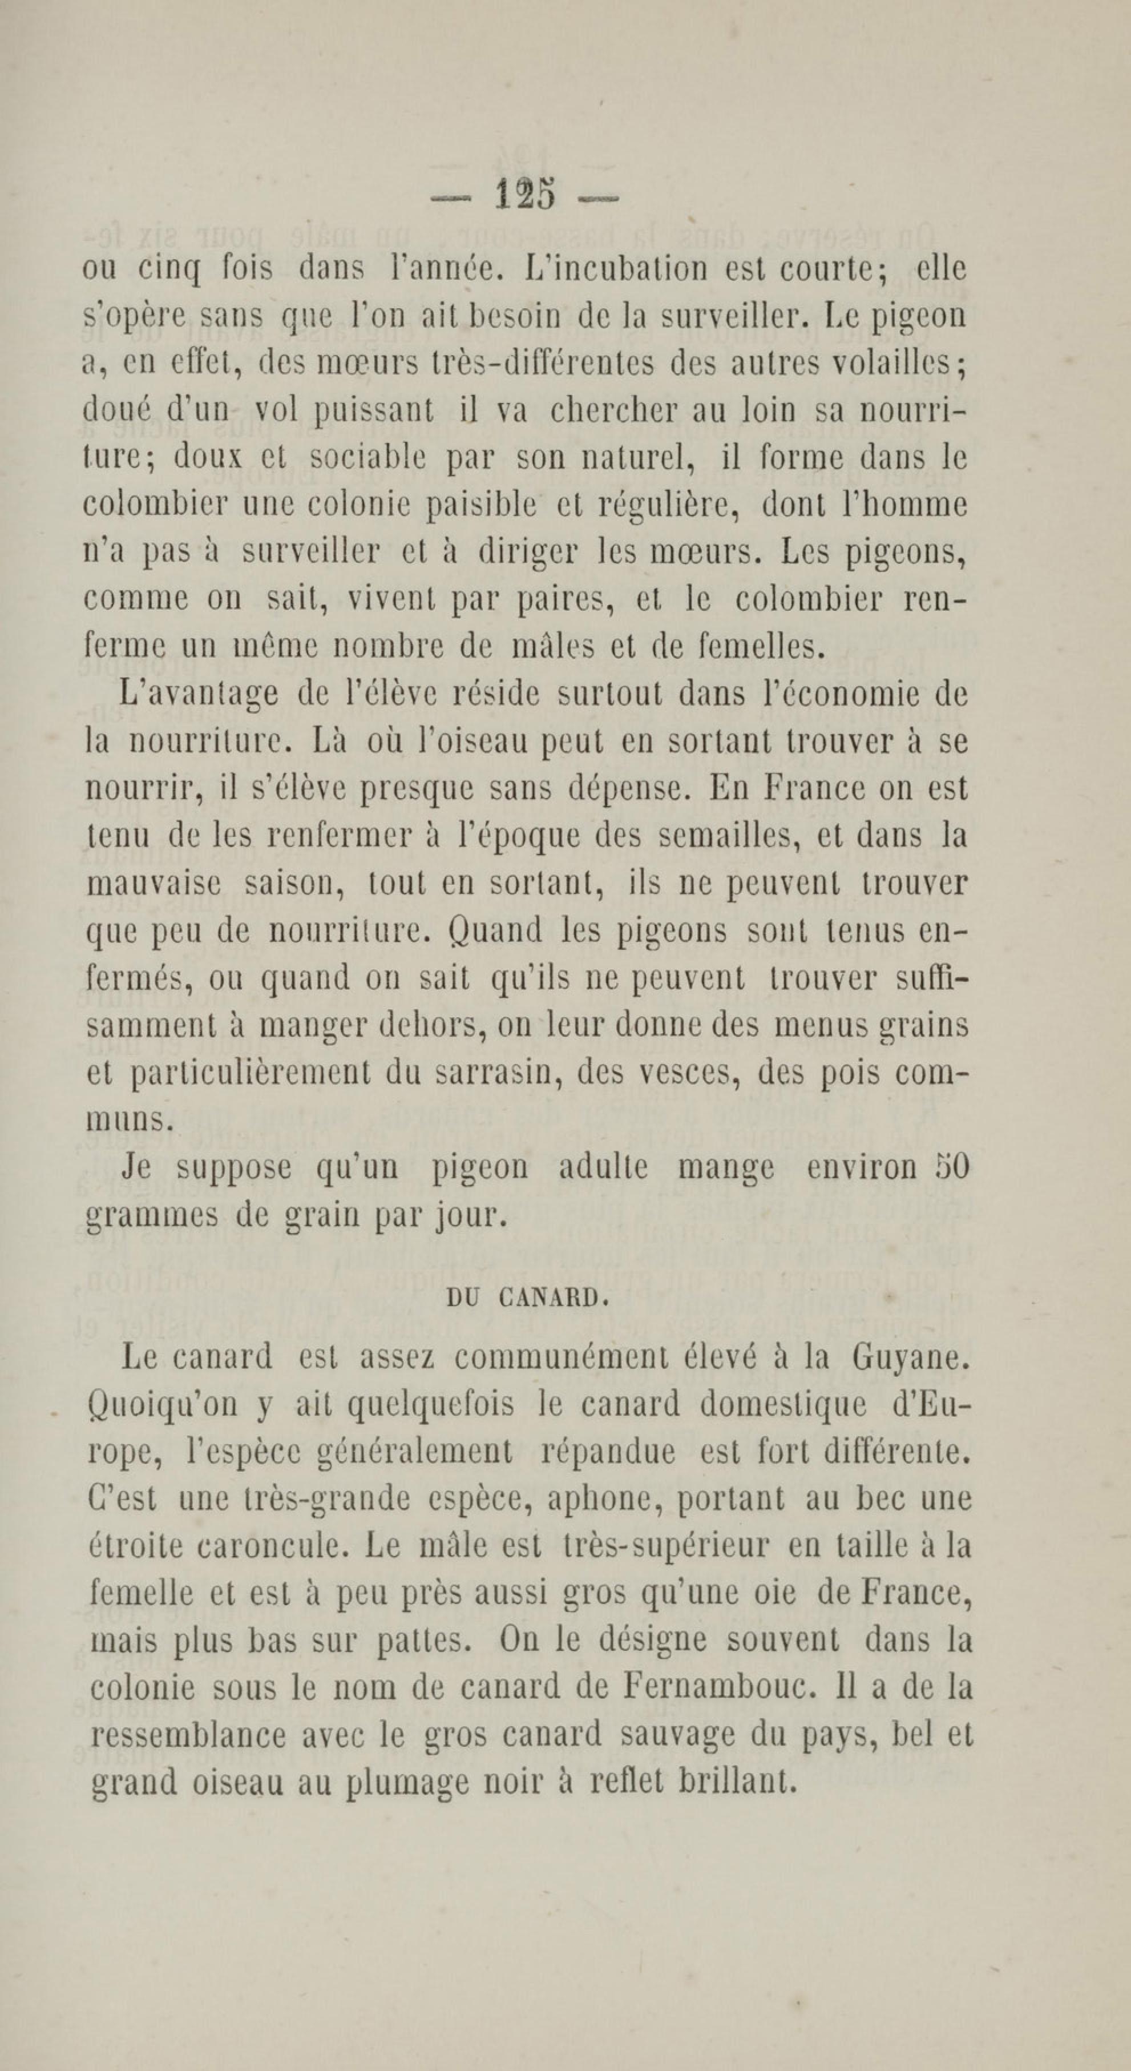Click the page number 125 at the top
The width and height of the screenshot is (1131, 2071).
[526, 195]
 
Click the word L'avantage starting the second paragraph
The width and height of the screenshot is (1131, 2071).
[198, 695]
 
